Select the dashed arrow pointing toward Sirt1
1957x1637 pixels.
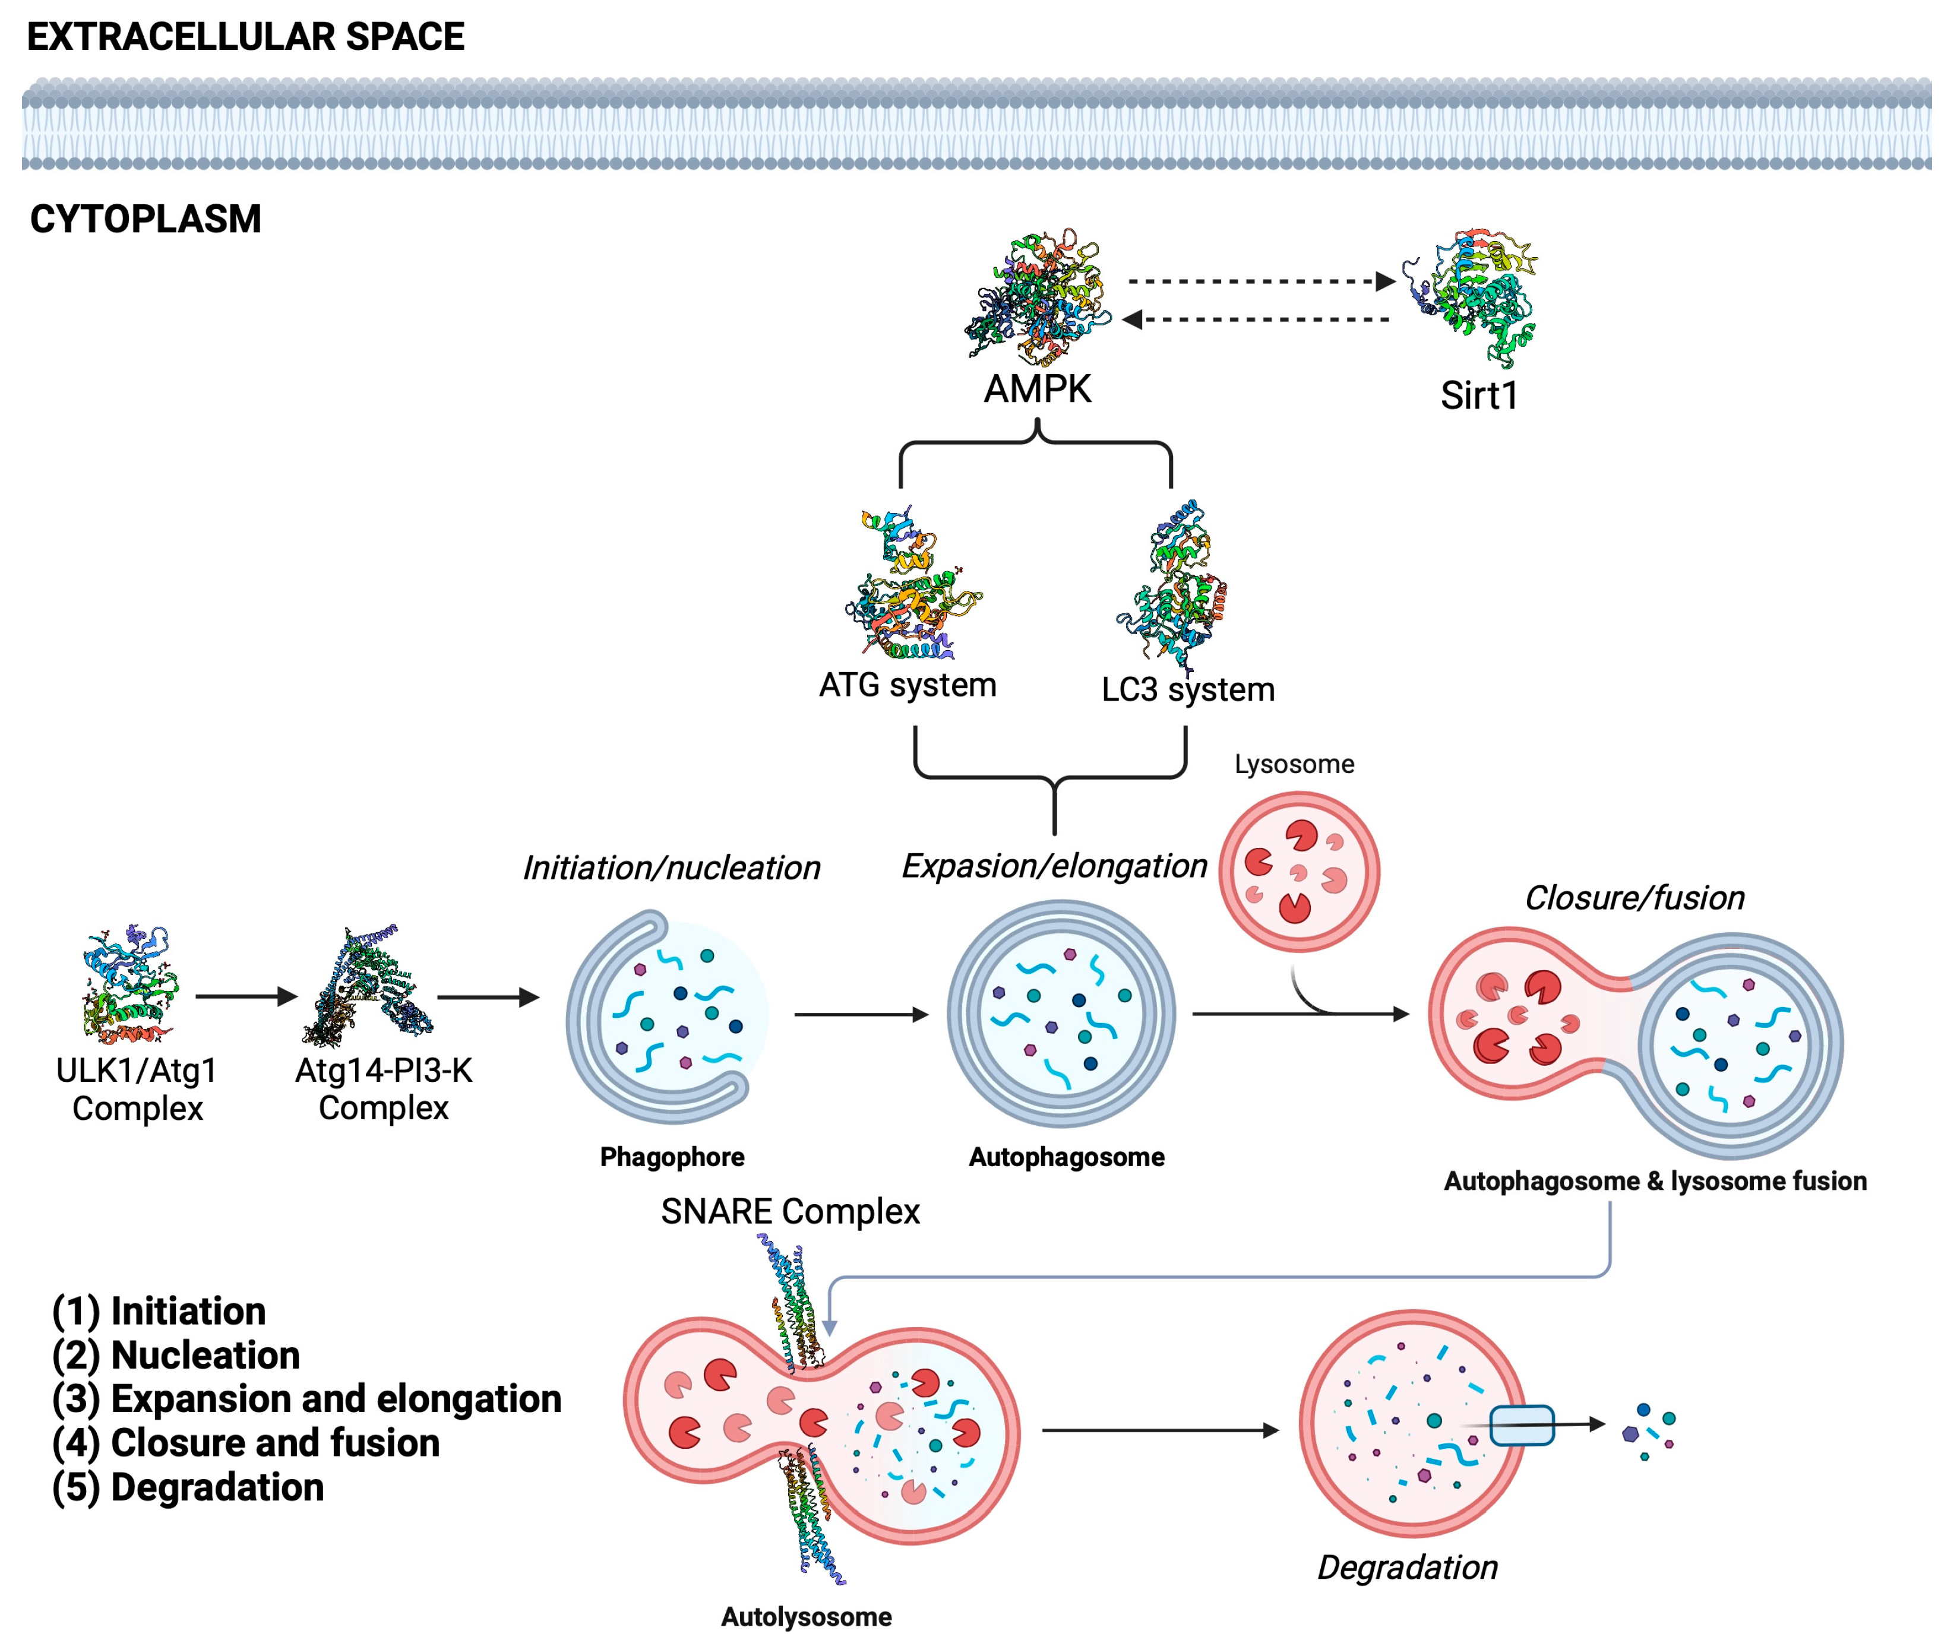coord(1258,281)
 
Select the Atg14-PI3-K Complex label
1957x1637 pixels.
coord(383,1089)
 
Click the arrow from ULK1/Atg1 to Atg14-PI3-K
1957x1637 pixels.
coord(246,997)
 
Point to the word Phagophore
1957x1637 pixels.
coord(672,1157)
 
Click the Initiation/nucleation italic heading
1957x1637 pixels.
coord(671,868)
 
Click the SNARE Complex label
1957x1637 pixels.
coord(791,1212)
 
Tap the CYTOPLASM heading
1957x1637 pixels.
coord(146,220)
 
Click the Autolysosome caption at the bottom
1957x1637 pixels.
coord(806,1616)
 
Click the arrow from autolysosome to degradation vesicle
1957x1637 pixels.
coord(1159,1430)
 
